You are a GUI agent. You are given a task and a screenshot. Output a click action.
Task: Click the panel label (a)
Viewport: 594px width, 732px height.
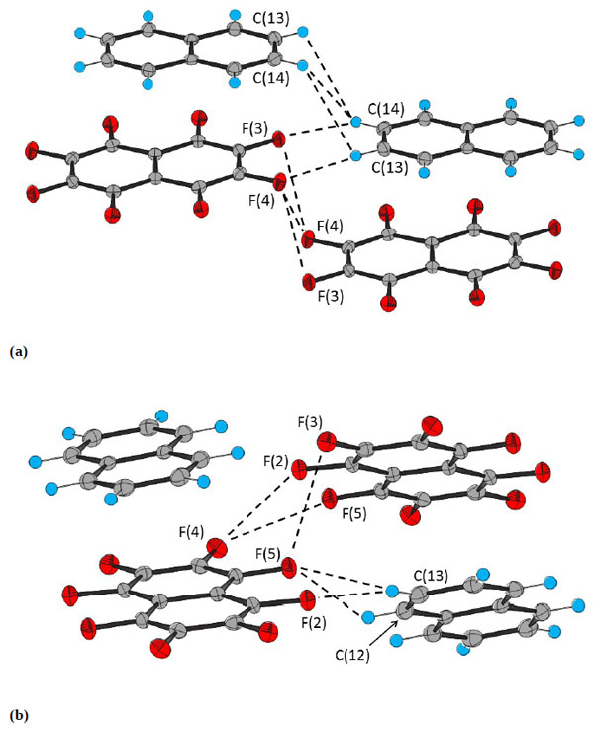[x=15, y=350]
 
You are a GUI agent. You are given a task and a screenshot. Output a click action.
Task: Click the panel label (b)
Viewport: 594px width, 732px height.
[x=16, y=712]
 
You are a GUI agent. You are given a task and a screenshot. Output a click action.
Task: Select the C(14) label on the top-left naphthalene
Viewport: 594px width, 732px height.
[x=269, y=78]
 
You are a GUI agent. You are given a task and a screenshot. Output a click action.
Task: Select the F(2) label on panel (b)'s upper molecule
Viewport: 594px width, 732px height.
[x=276, y=461]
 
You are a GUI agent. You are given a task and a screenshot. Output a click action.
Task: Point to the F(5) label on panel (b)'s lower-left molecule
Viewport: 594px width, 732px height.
[x=270, y=553]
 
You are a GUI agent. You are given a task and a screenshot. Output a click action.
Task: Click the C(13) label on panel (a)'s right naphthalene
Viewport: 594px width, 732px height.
[x=388, y=168]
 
